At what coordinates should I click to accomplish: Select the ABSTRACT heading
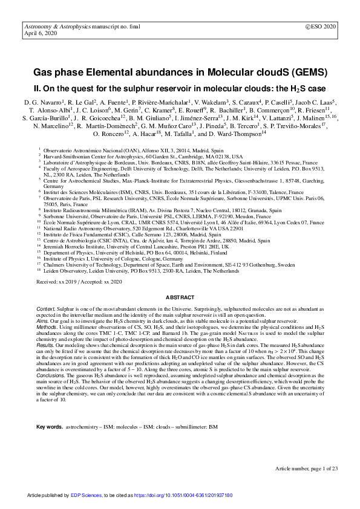(x=180, y=298)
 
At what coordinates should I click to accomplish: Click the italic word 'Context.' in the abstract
(x=47, y=309)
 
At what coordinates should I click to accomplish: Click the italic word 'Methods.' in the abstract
(x=48, y=327)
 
